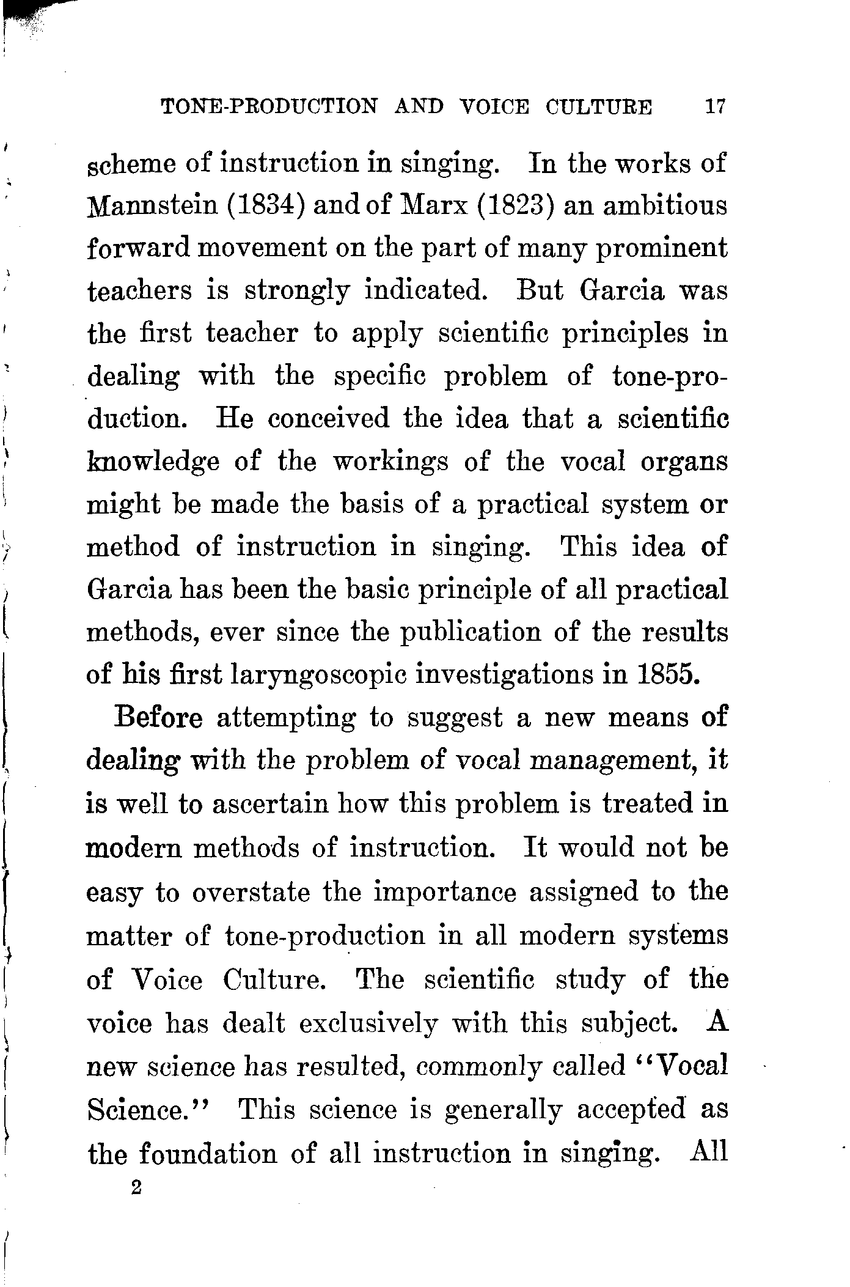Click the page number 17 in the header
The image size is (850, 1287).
point(714,107)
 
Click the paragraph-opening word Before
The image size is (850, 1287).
point(158,717)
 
